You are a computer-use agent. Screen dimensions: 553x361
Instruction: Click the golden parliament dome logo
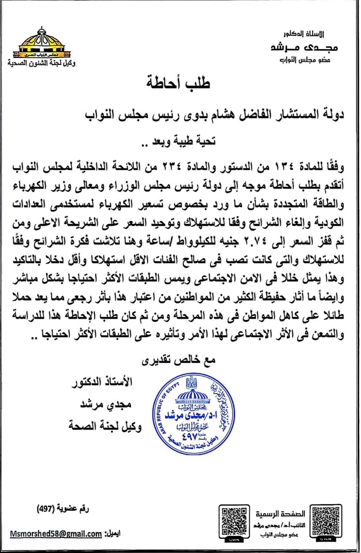(x=41, y=43)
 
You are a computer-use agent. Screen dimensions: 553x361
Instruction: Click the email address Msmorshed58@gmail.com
(x=56, y=534)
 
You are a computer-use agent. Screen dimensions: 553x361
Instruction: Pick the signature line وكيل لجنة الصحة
(x=105, y=427)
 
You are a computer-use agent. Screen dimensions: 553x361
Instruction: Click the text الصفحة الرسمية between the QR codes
(x=280, y=514)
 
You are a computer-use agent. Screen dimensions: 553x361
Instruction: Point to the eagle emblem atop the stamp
(x=191, y=383)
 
